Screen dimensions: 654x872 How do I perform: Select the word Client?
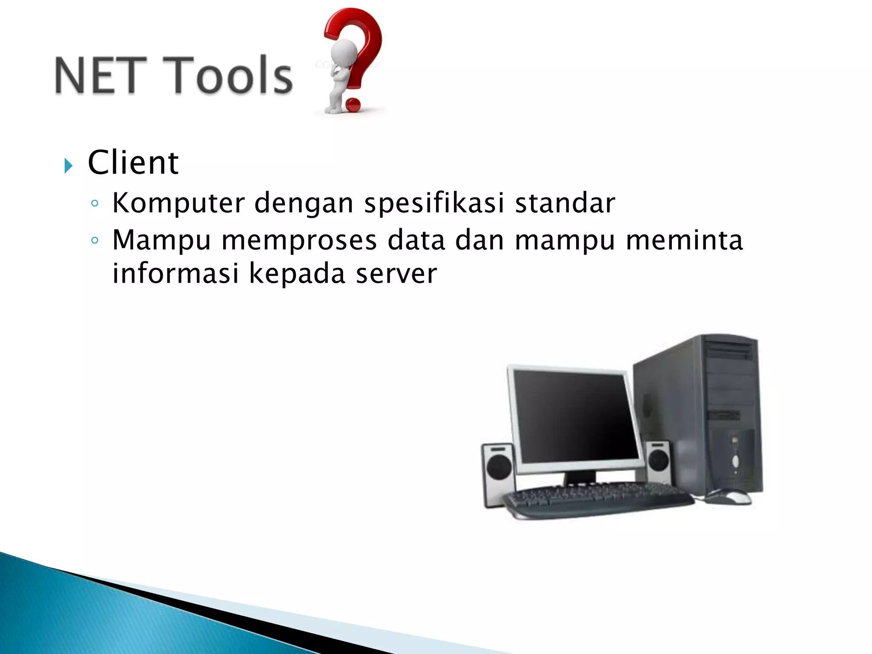(133, 163)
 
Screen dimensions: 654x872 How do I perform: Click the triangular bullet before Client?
(69, 165)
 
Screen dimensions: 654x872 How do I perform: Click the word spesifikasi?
(434, 204)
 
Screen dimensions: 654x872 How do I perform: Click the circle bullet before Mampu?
(95, 241)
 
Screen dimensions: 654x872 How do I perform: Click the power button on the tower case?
(735, 460)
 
